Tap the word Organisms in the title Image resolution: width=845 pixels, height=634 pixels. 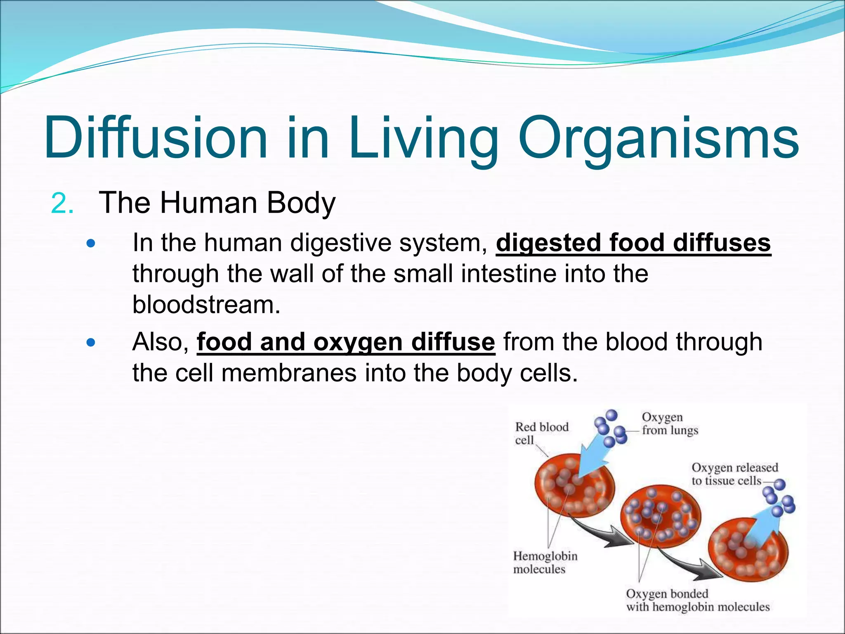(659, 139)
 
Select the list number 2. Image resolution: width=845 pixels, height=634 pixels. (62, 203)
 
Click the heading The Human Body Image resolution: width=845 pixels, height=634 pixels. (217, 203)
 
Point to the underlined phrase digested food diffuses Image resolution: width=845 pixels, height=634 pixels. (633, 243)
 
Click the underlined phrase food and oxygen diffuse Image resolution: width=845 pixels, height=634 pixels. (346, 342)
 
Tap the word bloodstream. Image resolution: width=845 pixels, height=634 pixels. (206, 305)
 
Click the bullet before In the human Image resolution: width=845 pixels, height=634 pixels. (91, 243)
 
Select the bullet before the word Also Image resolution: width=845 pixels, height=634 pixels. (91, 342)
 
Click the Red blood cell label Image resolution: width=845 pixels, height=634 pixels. (541, 433)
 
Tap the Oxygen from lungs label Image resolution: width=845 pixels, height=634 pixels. (669, 424)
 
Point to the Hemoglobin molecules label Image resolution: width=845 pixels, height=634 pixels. (545, 562)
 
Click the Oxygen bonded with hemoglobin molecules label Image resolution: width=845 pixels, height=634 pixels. (697, 600)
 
